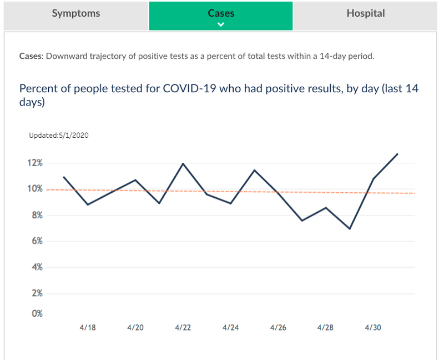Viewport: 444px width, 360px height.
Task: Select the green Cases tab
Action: (x=221, y=16)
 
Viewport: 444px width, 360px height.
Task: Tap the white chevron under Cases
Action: (x=221, y=24)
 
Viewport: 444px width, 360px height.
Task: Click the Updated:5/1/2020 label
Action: (x=59, y=136)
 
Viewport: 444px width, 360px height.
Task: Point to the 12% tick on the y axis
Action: (x=35, y=163)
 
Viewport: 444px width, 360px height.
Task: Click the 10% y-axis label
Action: (x=35, y=189)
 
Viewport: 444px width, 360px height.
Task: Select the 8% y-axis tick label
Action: (x=37, y=216)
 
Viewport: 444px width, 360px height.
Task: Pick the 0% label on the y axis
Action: (x=37, y=313)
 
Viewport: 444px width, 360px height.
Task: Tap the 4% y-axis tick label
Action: (x=37, y=267)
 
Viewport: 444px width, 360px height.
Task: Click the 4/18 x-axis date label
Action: (x=88, y=328)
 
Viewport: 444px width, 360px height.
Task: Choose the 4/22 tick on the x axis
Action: (x=183, y=328)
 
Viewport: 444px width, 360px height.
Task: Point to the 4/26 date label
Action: (x=278, y=328)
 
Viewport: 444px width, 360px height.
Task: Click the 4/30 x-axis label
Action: (x=373, y=328)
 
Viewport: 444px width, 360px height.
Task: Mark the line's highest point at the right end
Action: (x=397, y=154)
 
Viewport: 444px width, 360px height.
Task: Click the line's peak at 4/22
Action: (x=183, y=163)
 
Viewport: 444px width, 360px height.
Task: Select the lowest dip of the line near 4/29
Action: (x=350, y=228)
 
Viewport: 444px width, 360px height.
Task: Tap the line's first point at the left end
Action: (x=64, y=177)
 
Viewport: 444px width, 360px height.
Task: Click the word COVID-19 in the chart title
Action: (x=189, y=89)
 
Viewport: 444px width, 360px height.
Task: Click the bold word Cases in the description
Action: (x=31, y=56)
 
